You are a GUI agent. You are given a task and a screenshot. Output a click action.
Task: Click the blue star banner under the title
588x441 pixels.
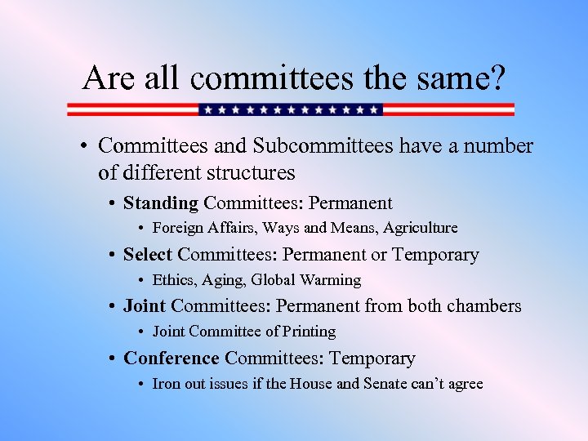[x=291, y=109]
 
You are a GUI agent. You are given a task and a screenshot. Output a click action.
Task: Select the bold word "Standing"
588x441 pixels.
[x=161, y=203]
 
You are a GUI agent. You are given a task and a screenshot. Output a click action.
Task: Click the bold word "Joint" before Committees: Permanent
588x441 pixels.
[x=145, y=306]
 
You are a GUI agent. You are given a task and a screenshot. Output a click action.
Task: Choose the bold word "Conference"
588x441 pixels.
[x=171, y=359]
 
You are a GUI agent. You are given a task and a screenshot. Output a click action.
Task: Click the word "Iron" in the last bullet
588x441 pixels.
[x=166, y=383]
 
